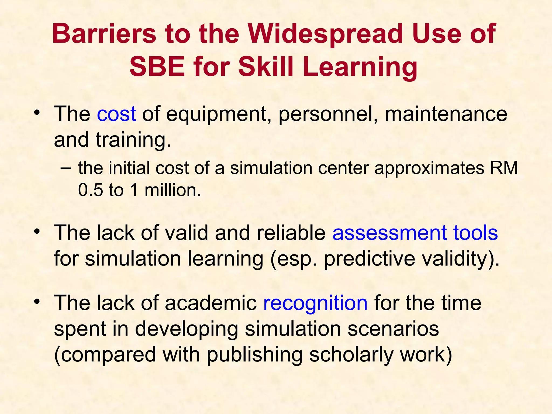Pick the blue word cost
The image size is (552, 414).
point(116,114)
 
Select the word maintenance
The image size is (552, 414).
point(446,114)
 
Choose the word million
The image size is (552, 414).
point(172,190)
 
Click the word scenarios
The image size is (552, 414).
point(393,329)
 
